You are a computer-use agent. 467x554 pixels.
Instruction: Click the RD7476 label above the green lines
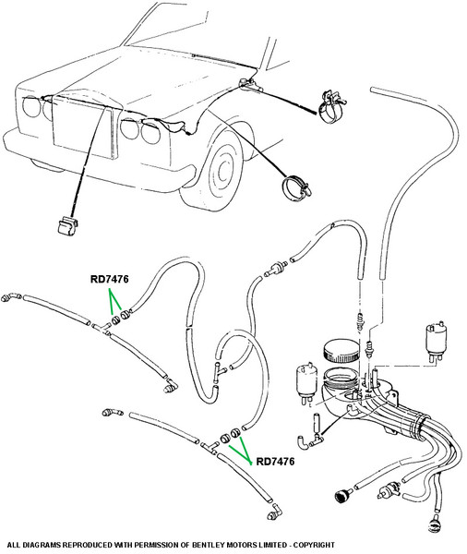110,279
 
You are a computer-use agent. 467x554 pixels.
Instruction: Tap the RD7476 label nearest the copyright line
275,462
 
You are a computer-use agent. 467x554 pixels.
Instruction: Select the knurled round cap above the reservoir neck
341,351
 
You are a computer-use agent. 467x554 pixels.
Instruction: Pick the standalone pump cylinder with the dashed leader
436,341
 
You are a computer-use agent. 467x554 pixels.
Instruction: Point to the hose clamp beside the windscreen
331,107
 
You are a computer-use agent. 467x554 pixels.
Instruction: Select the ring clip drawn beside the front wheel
296,188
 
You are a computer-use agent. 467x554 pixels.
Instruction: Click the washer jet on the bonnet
247,84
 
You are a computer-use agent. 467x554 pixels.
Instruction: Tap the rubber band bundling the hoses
420,428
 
